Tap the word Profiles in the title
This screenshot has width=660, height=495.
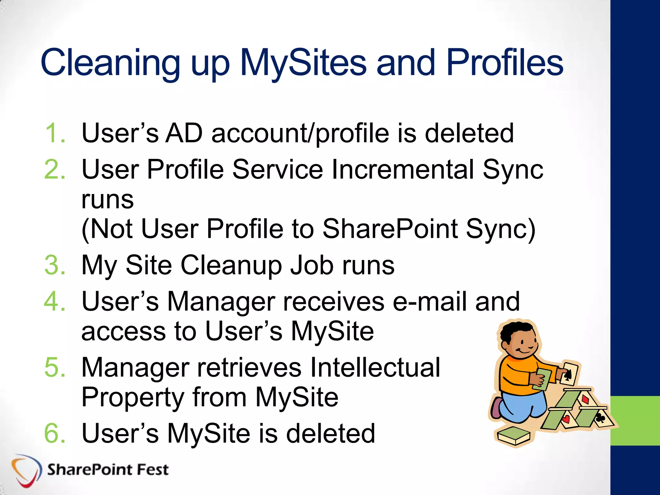504,63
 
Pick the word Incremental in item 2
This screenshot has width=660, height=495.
403,170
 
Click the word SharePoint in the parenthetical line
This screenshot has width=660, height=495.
390,229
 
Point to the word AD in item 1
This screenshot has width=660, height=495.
184,133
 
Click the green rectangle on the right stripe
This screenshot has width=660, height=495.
635,421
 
